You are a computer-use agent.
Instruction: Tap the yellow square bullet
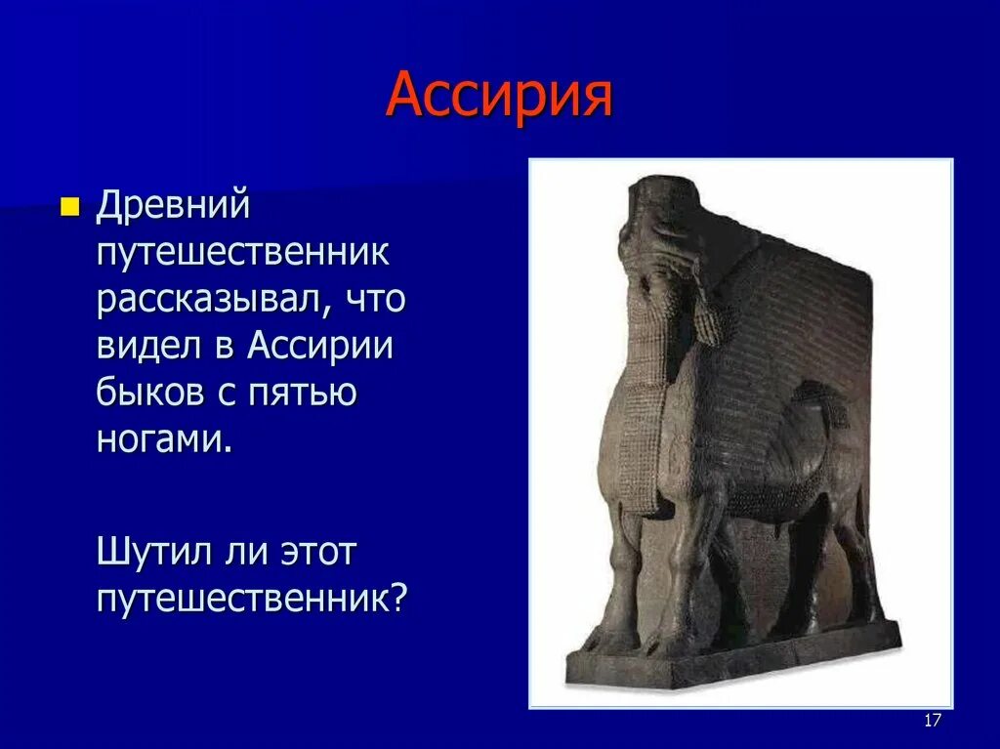68,207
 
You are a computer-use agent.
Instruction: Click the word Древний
174,206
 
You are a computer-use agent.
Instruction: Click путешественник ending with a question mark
250,598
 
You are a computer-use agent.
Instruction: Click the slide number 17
932,721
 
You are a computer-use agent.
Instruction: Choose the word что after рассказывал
377,299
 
